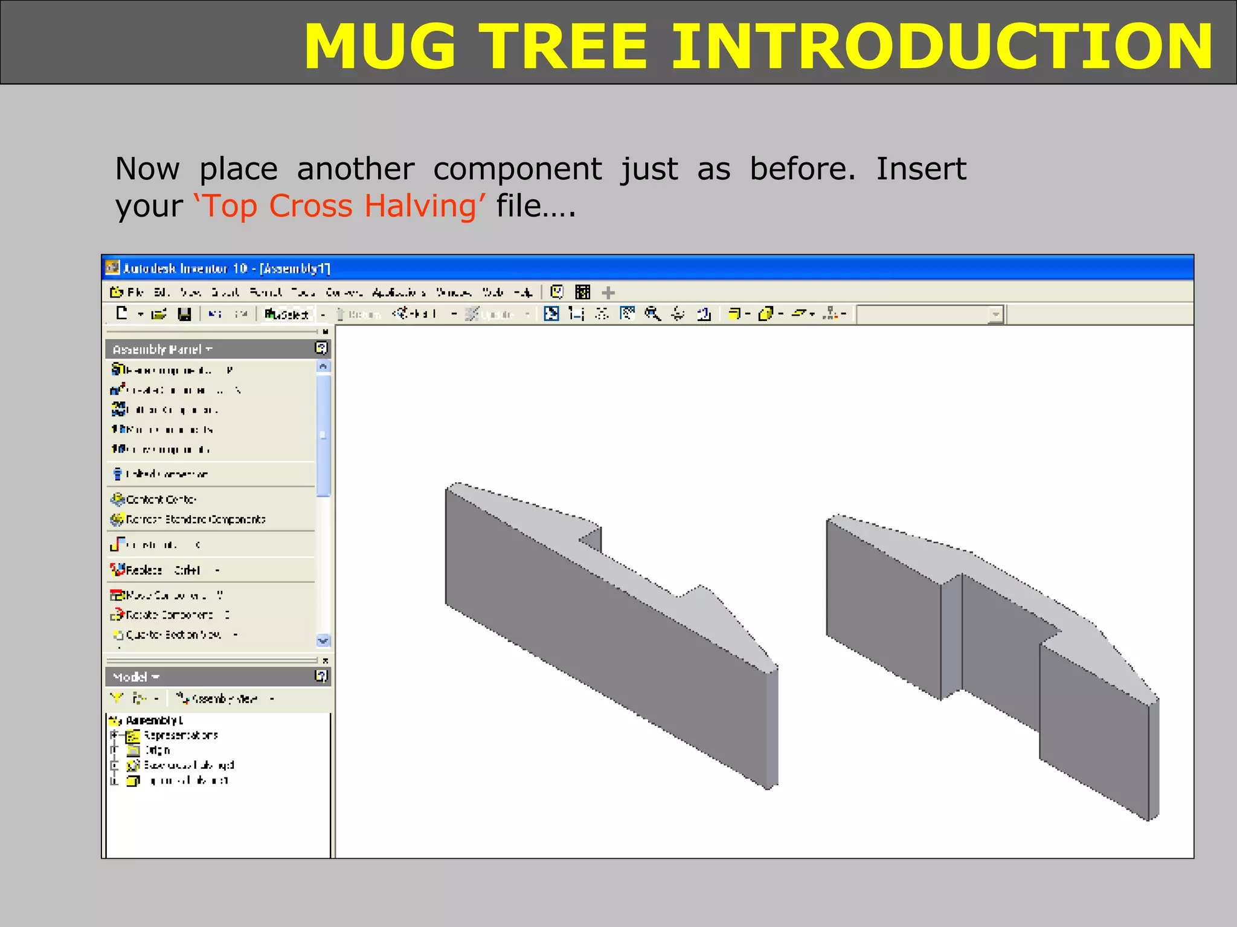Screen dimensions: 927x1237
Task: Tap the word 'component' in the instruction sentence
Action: (517, 169)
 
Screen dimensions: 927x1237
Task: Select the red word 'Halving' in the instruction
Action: (420, 206)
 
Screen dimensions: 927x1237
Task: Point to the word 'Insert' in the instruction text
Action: (921, 169)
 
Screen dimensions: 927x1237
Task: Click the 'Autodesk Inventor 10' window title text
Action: (185, 268)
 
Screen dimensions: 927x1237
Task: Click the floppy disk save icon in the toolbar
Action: (184, 314)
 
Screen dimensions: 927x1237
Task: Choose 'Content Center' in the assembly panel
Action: (161, 500)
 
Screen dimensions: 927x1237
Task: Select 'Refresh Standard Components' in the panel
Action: (194, 520)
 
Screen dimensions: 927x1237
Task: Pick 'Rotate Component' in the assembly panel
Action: (169, 615)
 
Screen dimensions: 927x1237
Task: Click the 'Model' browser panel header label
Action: (130, 677)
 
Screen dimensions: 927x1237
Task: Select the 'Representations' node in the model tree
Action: (181, 736)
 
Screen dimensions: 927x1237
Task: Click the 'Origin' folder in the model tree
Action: (157, 751)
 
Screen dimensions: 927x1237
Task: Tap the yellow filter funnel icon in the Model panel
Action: (117, 698)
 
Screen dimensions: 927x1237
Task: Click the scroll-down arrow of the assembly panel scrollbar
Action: (323, 641)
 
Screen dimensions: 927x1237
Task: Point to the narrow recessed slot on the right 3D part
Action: (951, 637)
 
